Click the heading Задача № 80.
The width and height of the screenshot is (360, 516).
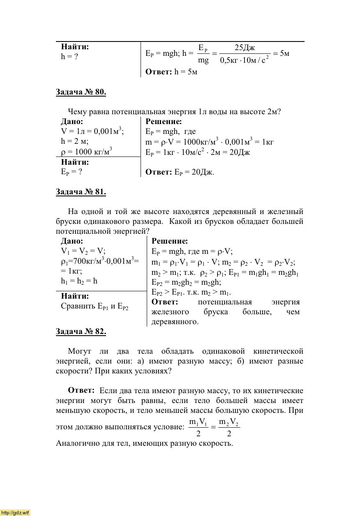(x=81, y=92)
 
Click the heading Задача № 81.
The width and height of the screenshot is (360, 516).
(x=81, y=192)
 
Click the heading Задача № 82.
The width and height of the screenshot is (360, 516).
(x=81, y=332)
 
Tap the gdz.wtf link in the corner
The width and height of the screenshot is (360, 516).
(x=15, y=512)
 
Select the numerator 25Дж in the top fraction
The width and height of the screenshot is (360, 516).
(x=245, y=48)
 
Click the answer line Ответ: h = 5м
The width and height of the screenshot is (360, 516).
(x=171, y=72)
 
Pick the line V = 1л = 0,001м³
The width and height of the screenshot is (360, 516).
(x=92, y=131)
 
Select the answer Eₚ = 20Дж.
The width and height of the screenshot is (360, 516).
(x=180, y=172)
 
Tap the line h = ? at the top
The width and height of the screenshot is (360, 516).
(x=69, y=57)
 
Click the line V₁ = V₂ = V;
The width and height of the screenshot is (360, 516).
(x=83, y=251)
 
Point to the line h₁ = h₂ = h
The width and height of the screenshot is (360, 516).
(x=79, y=281)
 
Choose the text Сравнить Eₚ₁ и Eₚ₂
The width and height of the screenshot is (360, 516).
(x=95, y=306)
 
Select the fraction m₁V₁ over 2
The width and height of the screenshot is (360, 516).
(x=198, y=428)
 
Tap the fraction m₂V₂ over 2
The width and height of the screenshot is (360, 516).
(x=228, y=428)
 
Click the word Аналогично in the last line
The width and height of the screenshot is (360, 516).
(x=76, y=443)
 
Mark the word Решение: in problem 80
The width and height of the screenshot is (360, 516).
(x=164, y=122)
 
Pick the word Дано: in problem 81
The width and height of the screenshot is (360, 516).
(x=72, y=241)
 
